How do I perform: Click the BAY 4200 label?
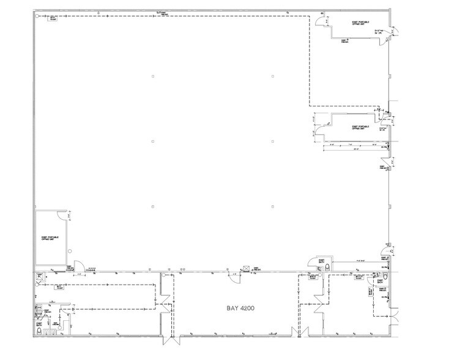click(x=234, y=303)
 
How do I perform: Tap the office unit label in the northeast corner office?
click(x=359, y=24)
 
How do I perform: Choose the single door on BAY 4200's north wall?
click(x=233, y=276)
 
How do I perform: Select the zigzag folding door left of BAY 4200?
click(x=163, y=303)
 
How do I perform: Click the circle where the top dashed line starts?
click(x=38, y=16)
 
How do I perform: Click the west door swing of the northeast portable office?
click(x=320, y=23)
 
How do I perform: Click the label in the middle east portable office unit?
click(x=359, y=128)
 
